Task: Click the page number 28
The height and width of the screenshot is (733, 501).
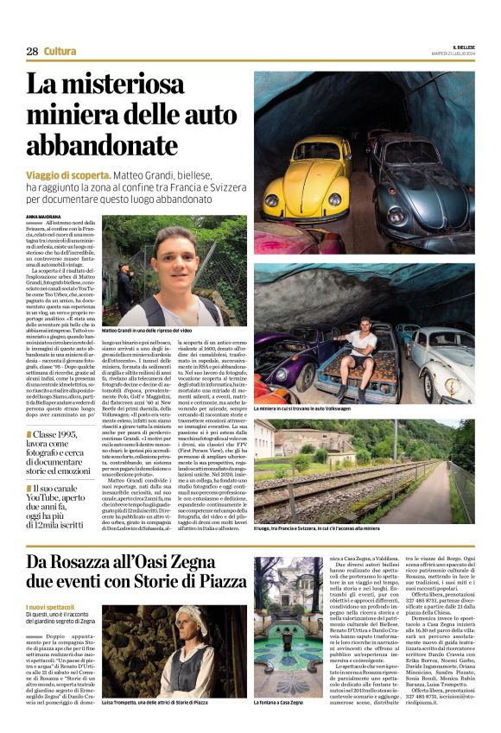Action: click(32, 52)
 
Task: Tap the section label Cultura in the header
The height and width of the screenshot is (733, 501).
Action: click(60, 52)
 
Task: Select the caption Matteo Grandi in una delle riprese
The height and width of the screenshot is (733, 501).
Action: click(160, 331)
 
